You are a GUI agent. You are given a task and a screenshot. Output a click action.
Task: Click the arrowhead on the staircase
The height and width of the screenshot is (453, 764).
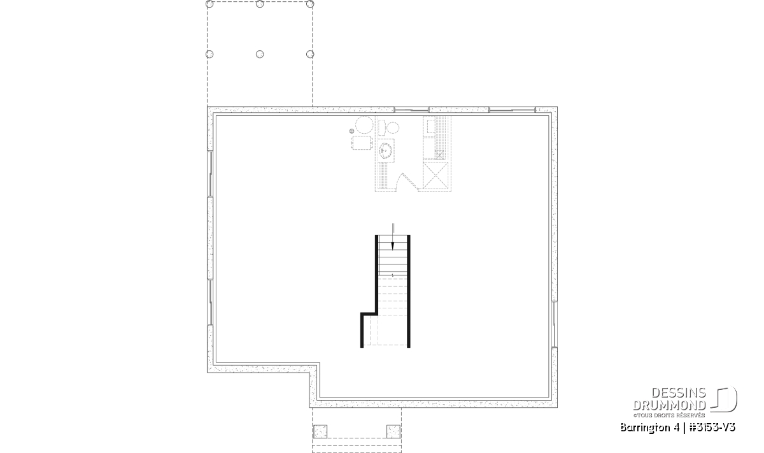(x=393, y=246)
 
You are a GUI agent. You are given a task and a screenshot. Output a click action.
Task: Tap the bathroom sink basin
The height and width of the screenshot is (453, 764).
(x=386, y=150)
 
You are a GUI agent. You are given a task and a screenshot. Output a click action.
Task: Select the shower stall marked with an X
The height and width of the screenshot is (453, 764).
(x=435, y=175)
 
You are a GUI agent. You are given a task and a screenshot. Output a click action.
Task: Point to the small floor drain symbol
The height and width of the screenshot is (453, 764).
(x=351, y=131)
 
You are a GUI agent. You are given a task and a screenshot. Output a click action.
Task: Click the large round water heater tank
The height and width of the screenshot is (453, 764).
(x=364, y=125)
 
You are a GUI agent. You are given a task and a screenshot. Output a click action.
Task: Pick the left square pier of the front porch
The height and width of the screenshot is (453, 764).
(x=320, y=431)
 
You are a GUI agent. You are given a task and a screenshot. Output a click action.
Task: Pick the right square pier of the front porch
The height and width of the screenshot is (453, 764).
(x=393, y=431)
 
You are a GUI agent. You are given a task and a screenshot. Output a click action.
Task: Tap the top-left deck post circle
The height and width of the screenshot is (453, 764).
(x=209, y=4)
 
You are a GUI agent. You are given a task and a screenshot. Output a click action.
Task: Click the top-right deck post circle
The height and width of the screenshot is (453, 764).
(x=310, y=4)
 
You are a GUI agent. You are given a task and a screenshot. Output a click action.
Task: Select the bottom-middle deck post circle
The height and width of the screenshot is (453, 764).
(x=260, y=54)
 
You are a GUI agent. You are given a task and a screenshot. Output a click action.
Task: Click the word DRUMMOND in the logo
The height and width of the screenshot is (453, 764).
(x=669, y=405)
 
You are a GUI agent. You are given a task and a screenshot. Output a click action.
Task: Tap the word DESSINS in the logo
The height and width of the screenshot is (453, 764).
(x=679, y=393)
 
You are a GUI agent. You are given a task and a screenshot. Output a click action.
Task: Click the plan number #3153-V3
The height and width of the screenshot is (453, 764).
(x=712, y=428)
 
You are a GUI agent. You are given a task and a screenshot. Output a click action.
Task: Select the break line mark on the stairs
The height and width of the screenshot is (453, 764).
(x=393, y=275)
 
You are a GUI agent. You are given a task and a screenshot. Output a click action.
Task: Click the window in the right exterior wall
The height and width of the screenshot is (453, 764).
(x=555, y=324)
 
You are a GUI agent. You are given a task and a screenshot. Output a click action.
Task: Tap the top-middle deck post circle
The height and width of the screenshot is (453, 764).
(x=260, y=4)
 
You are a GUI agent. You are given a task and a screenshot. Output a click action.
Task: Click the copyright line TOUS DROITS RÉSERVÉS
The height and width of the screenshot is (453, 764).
(x=669, y=415)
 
